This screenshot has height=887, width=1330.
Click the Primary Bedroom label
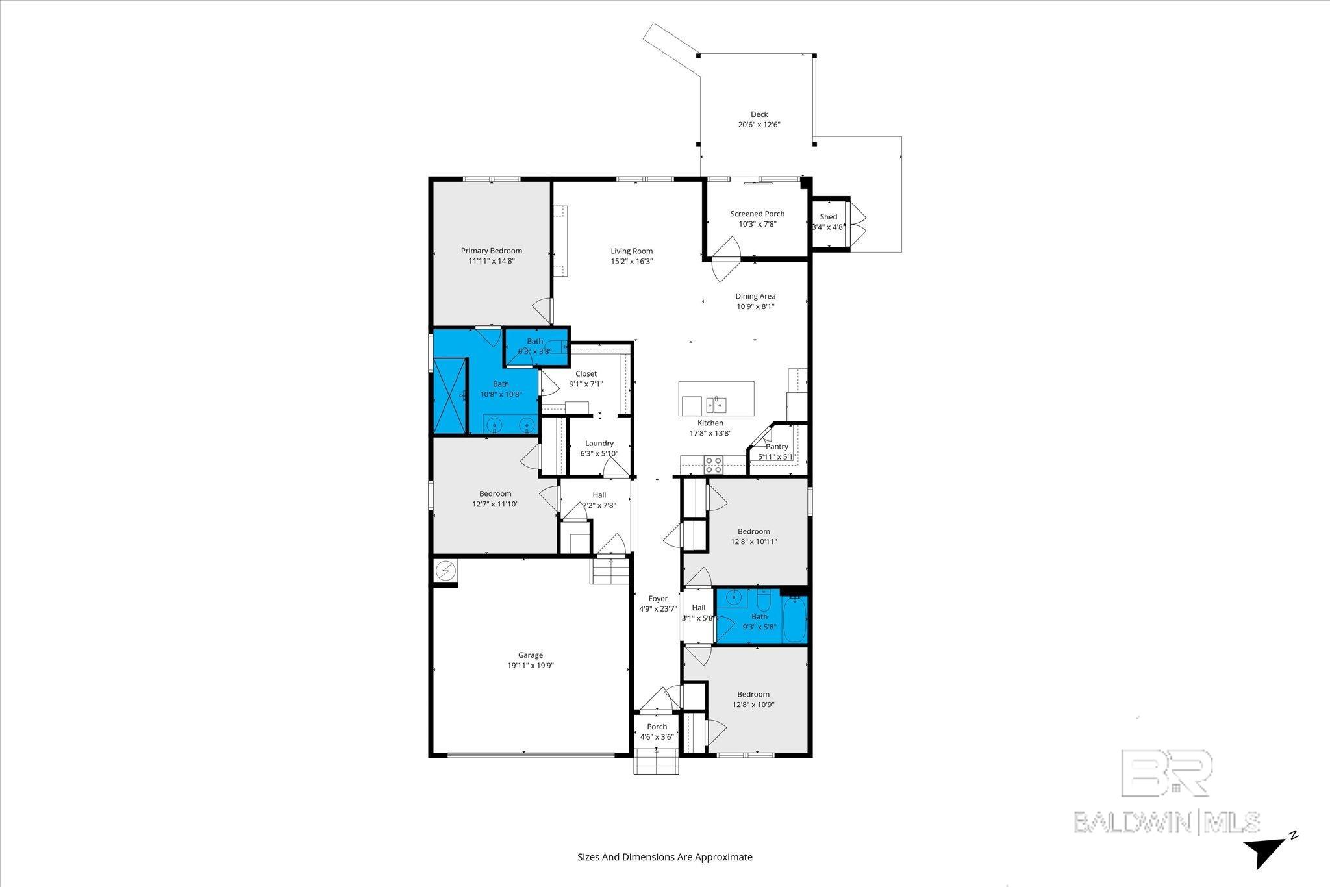tap(492, 251)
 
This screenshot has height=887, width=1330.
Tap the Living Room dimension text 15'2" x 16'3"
tap(632, 262)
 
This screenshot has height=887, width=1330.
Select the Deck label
tap(759, 114)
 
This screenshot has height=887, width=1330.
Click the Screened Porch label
tap(757, 214)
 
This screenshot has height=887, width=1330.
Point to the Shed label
tap(829, 217)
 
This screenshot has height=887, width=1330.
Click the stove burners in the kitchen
tap(714, 464)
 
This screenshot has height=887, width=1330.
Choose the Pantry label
tap(777, 447)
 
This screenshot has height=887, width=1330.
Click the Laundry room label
tap(599, 443)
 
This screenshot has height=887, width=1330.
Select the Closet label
tap(586, 374)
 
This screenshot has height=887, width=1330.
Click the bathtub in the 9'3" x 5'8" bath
tap(795, 619)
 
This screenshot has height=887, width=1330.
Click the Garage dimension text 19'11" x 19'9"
tap(531, 666)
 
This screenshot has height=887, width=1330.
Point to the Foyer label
tap(658, 599)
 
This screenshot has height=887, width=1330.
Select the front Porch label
tap(657, 727)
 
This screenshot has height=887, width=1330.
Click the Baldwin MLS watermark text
tap(1167, 822)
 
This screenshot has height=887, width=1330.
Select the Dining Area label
tap(755, 296)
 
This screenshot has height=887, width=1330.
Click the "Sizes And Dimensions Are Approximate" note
tap(665, 857)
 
